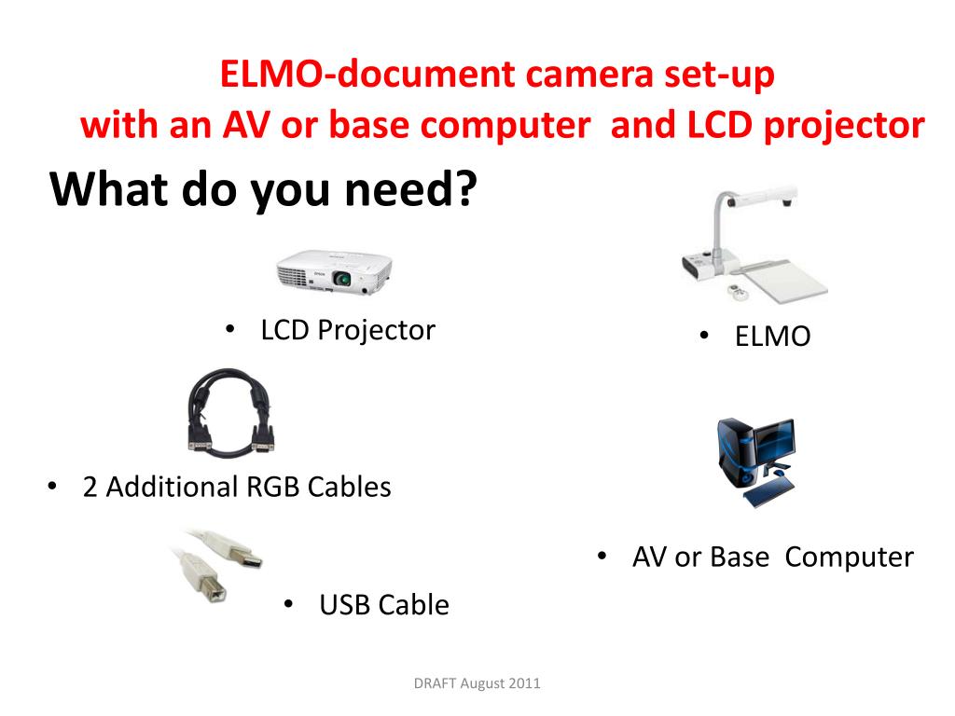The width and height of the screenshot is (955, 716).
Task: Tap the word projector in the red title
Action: (x=843, y=126)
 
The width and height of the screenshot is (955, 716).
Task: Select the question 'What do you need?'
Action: (x=262, y=190)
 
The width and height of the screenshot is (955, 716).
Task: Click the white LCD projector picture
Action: (x=334, y=272)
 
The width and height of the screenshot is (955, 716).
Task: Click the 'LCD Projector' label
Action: (x=348, y=330)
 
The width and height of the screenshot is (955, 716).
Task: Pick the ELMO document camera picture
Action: (x=754, y=244)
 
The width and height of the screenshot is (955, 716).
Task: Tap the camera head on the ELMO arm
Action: (x=765, y=199)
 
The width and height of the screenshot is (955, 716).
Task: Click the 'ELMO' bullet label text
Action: (x=772, y=336)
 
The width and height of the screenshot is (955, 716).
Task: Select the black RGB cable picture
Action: (x=229, y=412)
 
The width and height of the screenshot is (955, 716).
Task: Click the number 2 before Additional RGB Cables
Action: (x=90, y=487)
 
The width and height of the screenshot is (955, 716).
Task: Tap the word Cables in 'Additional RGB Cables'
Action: (x=349, y=487)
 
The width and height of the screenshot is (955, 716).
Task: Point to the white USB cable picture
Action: (x=215, y=565)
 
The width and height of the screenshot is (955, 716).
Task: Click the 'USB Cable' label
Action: (x=384, y=605)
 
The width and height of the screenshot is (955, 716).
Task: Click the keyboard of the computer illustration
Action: (x=769, y=492)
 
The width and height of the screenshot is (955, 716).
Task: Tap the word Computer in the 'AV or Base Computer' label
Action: (x=849, y=558)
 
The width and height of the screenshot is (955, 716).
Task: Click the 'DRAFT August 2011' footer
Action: (x=477, y=683)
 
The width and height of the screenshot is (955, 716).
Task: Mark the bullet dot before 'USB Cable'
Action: (x=289, y=604)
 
